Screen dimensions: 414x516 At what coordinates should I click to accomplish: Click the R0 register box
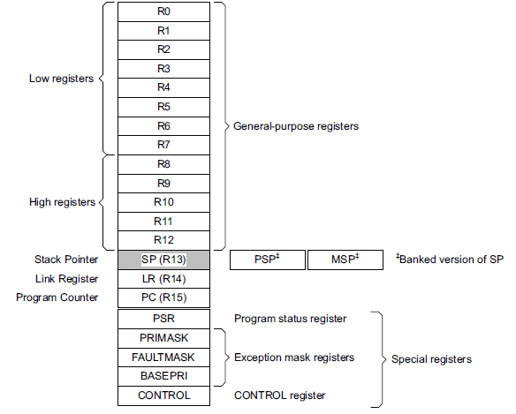163,11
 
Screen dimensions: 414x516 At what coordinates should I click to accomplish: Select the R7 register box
163,145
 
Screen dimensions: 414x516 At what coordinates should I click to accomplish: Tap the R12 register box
163,239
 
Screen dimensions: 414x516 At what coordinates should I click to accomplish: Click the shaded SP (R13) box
163,260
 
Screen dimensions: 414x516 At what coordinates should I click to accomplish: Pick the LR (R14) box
163,279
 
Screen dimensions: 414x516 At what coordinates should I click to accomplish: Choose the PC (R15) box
163,297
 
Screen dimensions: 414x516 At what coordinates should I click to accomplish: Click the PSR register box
163,319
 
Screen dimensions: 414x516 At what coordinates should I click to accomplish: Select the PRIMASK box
163,338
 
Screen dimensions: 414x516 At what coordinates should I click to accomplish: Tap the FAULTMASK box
163,358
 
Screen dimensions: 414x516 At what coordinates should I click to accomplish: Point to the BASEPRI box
163,376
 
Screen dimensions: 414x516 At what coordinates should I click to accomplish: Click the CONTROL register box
163,395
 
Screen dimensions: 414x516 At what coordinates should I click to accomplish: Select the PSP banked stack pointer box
267,260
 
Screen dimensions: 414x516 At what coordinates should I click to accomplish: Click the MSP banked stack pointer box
345,260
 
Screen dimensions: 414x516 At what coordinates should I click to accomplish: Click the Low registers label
61,79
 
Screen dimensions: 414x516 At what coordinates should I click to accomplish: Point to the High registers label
61,202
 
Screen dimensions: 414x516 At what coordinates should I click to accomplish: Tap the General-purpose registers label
296,126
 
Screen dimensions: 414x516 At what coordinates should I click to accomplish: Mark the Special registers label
431,359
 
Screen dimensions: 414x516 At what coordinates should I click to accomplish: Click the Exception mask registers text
293,358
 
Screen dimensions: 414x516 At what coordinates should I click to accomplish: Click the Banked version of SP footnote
451,260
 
